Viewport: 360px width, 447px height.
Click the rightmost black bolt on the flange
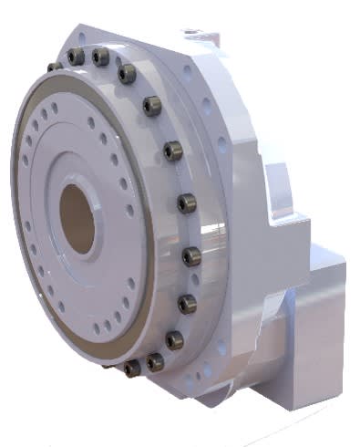190,256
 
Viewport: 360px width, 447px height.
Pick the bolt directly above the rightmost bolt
186,203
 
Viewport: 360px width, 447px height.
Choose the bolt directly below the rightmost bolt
187,304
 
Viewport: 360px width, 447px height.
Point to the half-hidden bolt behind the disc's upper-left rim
55,66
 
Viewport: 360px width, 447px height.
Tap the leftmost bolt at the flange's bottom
133,368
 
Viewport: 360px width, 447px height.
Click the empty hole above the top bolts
83,40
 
